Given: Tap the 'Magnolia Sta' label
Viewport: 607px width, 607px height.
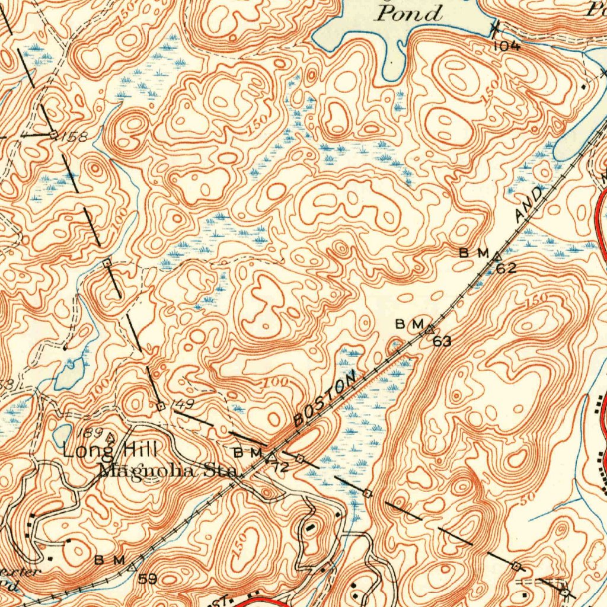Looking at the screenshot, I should click(x=168, y=471).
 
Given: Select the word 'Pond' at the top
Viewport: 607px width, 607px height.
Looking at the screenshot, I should click(x=410, y=13).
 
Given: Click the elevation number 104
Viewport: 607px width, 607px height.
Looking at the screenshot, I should click(x=506, y=46).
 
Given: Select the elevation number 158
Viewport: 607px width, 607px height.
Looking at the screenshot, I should click(x=75, y=137).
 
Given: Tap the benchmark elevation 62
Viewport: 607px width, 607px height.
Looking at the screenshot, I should click(x=506, y=269).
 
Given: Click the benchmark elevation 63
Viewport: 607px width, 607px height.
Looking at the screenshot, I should click(x=442, y=341).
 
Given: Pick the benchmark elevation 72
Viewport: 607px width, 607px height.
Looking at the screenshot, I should click(x=280, y=467).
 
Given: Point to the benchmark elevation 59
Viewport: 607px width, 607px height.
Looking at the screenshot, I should click(x=148, y=579).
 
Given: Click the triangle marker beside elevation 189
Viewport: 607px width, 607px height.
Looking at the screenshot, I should click(x=110, y=437).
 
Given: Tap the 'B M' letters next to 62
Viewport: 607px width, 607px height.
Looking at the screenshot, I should click(x=474, y=253).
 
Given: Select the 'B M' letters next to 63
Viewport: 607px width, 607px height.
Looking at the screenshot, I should click(x=409, y=324).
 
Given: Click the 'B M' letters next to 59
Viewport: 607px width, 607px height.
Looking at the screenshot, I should click(x=110, y=560).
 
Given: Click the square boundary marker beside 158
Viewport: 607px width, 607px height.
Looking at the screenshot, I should click(x=53, y=135).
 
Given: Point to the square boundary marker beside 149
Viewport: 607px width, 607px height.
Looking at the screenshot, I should click(x=161, y=406).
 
